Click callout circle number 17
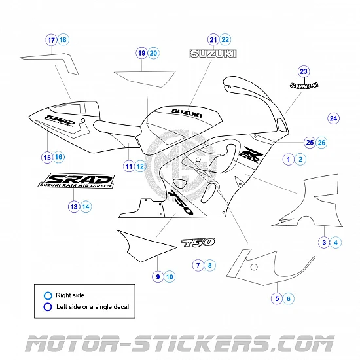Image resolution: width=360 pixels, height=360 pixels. (52, 40)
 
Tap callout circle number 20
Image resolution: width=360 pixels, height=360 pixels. (154, 52)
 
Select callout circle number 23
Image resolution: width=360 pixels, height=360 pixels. (303, 71)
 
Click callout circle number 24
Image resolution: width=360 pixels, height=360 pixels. (334, 118)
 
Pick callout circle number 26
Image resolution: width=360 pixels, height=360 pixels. (321, 142)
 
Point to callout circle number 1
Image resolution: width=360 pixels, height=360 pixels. (287, 158)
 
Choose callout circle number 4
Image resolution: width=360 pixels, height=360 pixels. (336, 243)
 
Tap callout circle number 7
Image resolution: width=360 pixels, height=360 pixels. (197, 265)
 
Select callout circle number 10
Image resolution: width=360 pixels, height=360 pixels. (170, 277)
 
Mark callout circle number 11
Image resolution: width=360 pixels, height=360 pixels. (130, 166)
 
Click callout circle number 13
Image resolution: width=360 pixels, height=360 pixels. (73, 206)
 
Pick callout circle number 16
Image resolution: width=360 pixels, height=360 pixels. (59, 157)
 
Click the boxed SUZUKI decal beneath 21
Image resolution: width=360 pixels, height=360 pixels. (213, 54)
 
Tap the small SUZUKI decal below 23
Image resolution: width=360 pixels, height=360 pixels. (304, 85)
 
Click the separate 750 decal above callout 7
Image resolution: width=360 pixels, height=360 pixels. (198, 243)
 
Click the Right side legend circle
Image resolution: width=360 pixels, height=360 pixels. (47, 295)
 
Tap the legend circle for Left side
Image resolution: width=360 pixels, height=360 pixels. (47, 306)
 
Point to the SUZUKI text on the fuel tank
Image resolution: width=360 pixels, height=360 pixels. (187, 113)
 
